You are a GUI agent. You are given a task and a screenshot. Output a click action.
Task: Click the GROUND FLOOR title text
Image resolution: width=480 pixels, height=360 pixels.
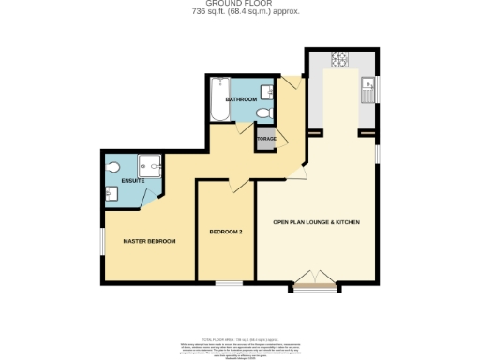click(239, 4)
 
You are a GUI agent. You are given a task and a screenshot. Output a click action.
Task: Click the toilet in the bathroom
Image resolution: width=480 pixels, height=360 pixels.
click(263, 112)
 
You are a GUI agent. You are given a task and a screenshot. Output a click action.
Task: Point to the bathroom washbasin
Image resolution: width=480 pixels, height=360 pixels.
click(269, 91)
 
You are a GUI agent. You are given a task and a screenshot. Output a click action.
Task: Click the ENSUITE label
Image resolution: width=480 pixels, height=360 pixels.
click(119, 179)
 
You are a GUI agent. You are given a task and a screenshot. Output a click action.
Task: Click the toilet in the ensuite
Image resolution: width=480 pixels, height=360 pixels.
click(112, 168)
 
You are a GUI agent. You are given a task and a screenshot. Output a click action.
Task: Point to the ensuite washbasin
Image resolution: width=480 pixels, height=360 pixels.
click(112, 192)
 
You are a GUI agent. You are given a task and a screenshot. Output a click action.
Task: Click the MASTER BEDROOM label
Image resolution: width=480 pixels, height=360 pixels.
click(150, 241)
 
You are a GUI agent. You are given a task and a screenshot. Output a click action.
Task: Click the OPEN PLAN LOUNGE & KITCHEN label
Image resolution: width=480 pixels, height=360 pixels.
click(316, 222)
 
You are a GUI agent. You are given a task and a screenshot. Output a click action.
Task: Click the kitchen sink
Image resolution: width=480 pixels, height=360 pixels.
click(368, 91)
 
